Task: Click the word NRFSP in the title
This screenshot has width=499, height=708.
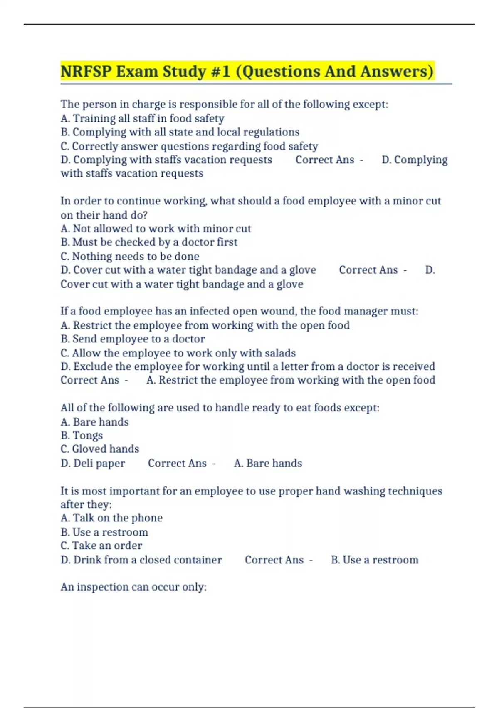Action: coord(86,71)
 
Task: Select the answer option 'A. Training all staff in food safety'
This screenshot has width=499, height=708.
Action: coord(142,118)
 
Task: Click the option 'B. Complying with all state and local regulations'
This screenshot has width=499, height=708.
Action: coord(180,132)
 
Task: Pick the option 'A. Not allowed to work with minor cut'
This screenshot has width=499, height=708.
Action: coord(156,229)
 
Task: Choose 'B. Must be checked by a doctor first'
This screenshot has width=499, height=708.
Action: coord(149,242)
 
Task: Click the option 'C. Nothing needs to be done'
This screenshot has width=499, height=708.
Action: coord(130,256)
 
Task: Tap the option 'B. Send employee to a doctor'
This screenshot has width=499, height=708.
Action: coord(133,339)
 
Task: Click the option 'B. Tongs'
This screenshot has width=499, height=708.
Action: coord(82,436)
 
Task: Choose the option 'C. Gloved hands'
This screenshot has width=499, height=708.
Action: coord(100,449)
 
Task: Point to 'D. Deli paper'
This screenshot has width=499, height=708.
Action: coord(93,463)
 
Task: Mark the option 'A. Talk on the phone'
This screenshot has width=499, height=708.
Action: coord(111,518)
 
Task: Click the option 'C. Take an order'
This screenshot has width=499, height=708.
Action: coord(101,546)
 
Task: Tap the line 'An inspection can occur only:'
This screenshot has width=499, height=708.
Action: coord(133,587)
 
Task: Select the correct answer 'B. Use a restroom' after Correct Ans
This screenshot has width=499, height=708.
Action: coord(374,560)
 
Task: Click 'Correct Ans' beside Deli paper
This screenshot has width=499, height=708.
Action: coord(177,463)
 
